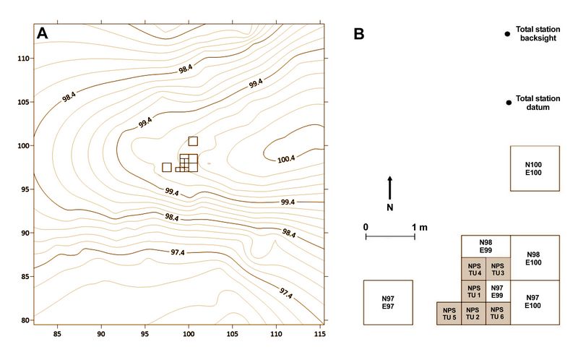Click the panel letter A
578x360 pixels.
click(43, 33)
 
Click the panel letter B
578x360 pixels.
click(358, 33)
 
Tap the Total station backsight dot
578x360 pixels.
click(507, 34)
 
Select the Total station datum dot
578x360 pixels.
click(509, 103)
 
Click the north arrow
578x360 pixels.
click(390, 188)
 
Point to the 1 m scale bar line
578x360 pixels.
click(390, 236)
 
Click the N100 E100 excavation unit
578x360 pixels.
click(535, 168)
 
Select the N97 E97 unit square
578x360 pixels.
click(388, 302)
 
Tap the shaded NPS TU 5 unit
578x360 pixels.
click(449, 314)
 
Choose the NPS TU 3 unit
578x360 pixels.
click(498, 269)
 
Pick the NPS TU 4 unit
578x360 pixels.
click(474, 269)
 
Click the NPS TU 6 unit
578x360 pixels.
click(498, 314)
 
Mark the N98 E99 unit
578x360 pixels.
click(486, 247)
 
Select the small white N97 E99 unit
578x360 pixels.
click(498, 291)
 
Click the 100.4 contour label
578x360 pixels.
click(286, 159)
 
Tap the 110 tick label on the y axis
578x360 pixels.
click(23, 59)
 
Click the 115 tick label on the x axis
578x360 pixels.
click(320, 334)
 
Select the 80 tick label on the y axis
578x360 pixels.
click(25, 320)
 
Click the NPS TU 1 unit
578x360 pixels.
click(474, 291)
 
